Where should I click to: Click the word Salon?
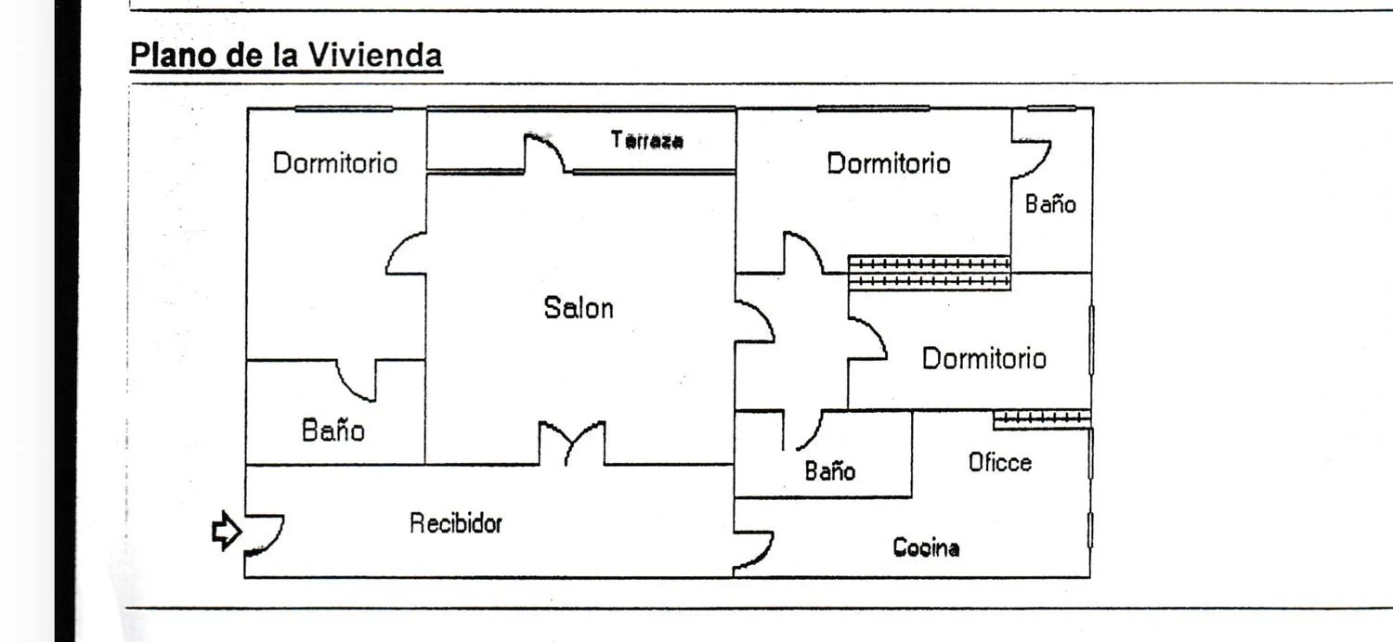tap(579, 308)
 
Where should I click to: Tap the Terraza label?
tap(646, 140)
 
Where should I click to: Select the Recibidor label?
tap(456, 523)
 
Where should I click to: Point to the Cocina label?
tap(926, 547)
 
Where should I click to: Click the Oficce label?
tap(1000, 462)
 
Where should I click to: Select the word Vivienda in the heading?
tap(375, 55)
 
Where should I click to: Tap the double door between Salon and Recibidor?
tap(571, 443)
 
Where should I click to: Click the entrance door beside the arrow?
tap(265, 534)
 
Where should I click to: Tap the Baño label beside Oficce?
tap(829, 471)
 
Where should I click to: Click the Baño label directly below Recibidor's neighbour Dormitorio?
tap(332, 430)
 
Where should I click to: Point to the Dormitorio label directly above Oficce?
tap(983, 359)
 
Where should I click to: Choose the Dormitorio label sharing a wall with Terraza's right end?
tap(888, 164)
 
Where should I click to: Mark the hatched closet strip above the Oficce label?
tap(1042, 419)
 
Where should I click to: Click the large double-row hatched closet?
tap(929, 272)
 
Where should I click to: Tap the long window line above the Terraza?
tap(580, 109)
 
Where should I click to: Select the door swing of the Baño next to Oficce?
tap(802, 430)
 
